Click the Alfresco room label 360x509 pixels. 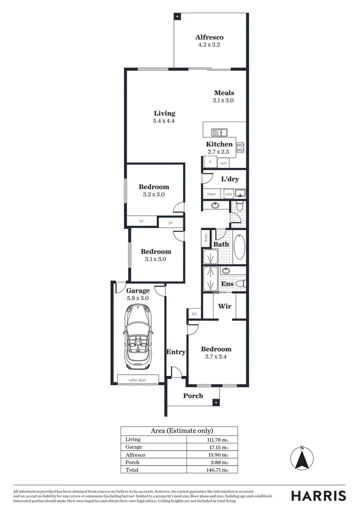209,37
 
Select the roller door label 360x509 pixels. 138,379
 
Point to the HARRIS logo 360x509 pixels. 318,495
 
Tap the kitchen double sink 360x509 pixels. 219,133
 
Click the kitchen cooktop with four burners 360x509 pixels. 240,147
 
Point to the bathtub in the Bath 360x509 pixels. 239,246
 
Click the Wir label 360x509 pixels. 224,306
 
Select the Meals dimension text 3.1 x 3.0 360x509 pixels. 223,100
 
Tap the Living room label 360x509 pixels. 164,113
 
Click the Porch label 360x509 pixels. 193,395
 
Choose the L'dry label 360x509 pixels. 230,179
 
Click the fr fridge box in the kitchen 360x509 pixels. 210,162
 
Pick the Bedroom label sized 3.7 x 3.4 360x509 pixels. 216,349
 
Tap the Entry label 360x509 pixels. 176,352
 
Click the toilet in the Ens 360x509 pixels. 240,283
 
